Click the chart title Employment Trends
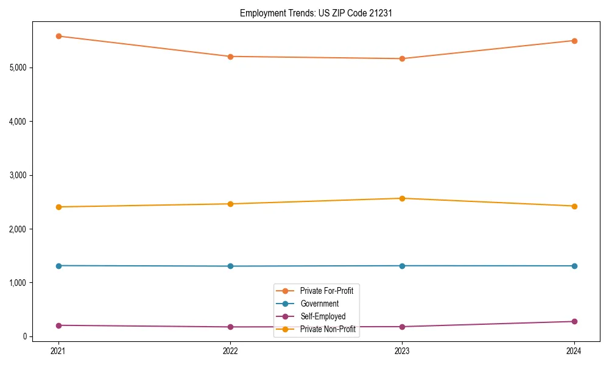(x=315, y=13)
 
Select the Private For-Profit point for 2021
(x=58, y=36)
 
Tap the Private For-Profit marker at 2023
(x=402, y=58)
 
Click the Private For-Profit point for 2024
(x=574, y=41)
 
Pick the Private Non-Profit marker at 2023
(x=402, y=198)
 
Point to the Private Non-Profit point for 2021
(x=58, y=207)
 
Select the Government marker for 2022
(x=230, y=266)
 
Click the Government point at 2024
(x=574, y=266)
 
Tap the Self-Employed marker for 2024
(x=574, y=321)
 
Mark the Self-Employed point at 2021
(x=58, y=325)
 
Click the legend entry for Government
(x=319, y=304)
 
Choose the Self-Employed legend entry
(x=323, y=316)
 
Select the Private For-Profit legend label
(x=326, y=291)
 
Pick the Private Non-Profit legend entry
(x=328, y=329)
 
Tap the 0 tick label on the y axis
(x=25, y=336)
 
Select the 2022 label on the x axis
(x=230, y=351)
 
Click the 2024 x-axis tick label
(x=574, y=351)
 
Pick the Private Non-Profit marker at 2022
(x=230, y=204)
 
